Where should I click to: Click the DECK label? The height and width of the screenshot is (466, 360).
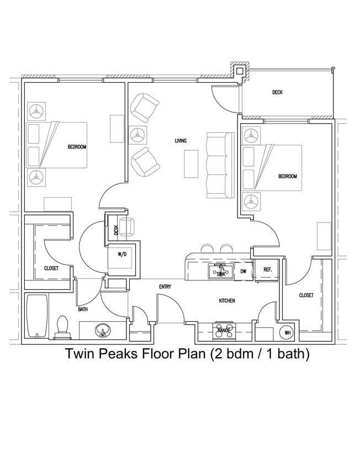coord(277,92)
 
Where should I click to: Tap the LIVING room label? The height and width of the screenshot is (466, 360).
coord(181,141)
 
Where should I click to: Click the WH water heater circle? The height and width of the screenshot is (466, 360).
coord(287,333)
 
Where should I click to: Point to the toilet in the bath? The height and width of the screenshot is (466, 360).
coord(62,327)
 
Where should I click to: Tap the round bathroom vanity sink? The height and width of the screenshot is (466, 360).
coord(102,331)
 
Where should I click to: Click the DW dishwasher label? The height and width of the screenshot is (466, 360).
coord(243,271)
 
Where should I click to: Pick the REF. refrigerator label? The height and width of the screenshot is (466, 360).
coord(267,270)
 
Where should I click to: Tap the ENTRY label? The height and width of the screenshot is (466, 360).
coord(165,287)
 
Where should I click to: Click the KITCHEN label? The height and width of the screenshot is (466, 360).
coord(227,301)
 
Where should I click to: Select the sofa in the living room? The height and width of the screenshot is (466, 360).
coord(217,165)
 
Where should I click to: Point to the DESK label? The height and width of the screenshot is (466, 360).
coord(116,230)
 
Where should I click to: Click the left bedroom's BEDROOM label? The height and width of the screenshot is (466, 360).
coord(77,146)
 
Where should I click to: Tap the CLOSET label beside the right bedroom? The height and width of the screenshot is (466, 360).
coord(306,295)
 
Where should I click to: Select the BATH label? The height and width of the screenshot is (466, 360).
coord(83,309)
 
